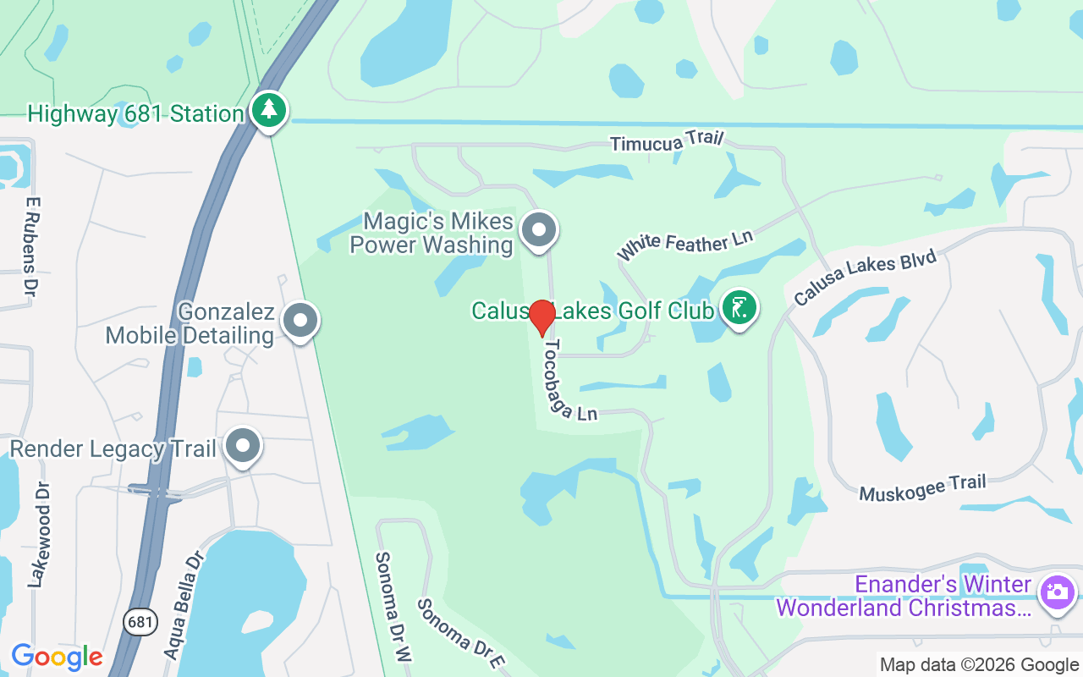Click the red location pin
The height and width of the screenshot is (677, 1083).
click(542, 317)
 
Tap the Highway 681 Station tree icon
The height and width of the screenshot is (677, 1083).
click(269, 111)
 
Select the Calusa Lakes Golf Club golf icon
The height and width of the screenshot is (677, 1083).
click(739, 309)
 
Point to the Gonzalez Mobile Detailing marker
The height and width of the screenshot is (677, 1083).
click(300, 322)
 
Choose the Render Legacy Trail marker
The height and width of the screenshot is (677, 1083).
click(244, 445)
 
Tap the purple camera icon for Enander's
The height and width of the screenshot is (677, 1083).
click(1057, 592)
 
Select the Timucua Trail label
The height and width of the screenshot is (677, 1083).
click(668, 142)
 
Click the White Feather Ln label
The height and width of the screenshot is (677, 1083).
click(684, 244)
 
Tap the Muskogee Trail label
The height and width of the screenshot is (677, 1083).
click(922, 487)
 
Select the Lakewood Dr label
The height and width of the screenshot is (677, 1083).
click(39, 535)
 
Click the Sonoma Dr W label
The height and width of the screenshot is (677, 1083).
click(393, 606)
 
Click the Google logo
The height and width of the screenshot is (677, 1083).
click(57, 656)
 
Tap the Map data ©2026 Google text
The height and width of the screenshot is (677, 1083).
click(979, 665)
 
